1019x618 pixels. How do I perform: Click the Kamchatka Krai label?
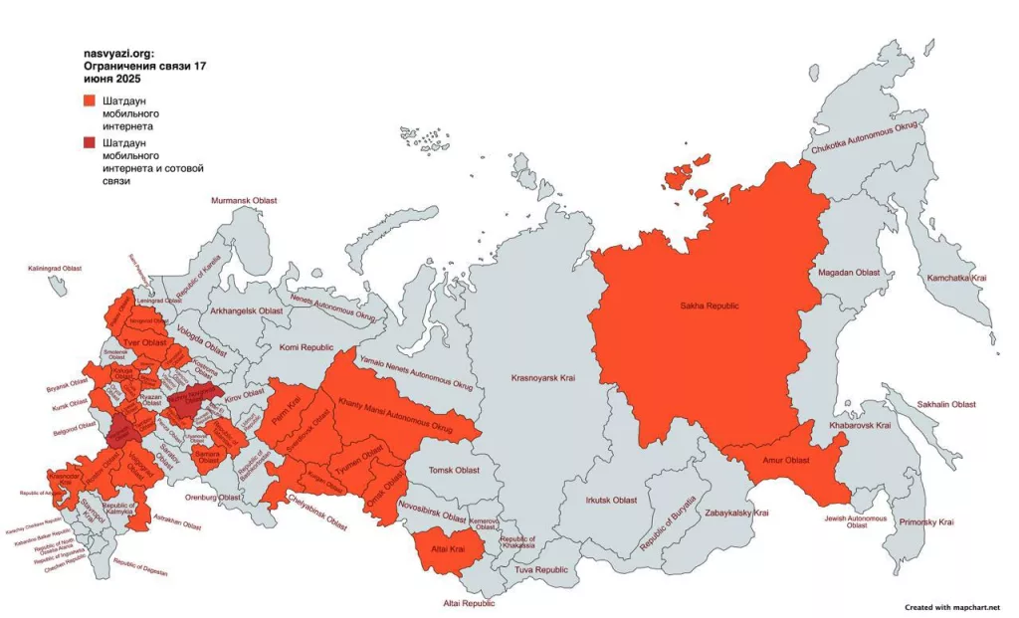pos(956,278)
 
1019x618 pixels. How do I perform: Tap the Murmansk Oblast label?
pos(244,201)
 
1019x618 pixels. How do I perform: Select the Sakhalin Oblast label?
pos(946,405)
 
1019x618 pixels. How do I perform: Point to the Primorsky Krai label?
pos(925,521)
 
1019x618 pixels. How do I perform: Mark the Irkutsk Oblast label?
pos(611,500)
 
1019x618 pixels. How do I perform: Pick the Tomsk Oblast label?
pos(453,470)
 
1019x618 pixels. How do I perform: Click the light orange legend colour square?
pos(90,101)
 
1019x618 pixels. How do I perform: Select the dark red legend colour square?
pos(90,143)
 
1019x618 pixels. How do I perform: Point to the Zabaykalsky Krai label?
pos(736,513)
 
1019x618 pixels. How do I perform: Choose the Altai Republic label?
pos(468,603)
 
